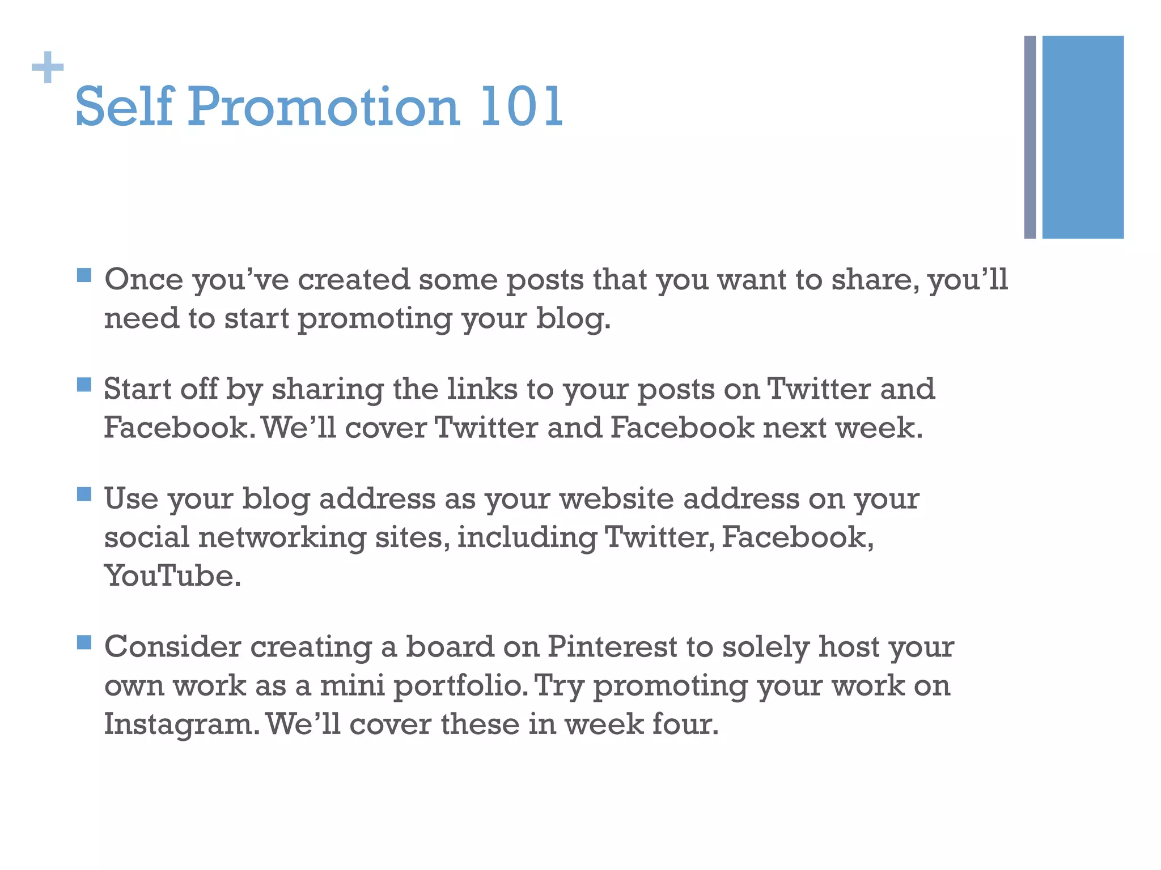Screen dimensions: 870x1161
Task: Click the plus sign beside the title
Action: click(48, 67)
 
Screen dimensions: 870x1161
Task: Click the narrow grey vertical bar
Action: click(1029, 137)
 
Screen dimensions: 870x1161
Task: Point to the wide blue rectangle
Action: click(1082, 137)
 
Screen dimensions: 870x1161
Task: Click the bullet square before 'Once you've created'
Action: click(84, 275)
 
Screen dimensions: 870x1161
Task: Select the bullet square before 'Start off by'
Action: click(84, 385)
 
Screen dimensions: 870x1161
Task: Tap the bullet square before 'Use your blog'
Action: click(84, 494)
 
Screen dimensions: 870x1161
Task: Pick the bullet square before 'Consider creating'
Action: click(84, 642)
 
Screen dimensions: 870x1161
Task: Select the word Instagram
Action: click(180, 724)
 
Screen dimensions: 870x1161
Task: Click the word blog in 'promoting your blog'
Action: click(573, 319)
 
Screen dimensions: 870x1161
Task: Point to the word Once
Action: click(144, 280)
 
